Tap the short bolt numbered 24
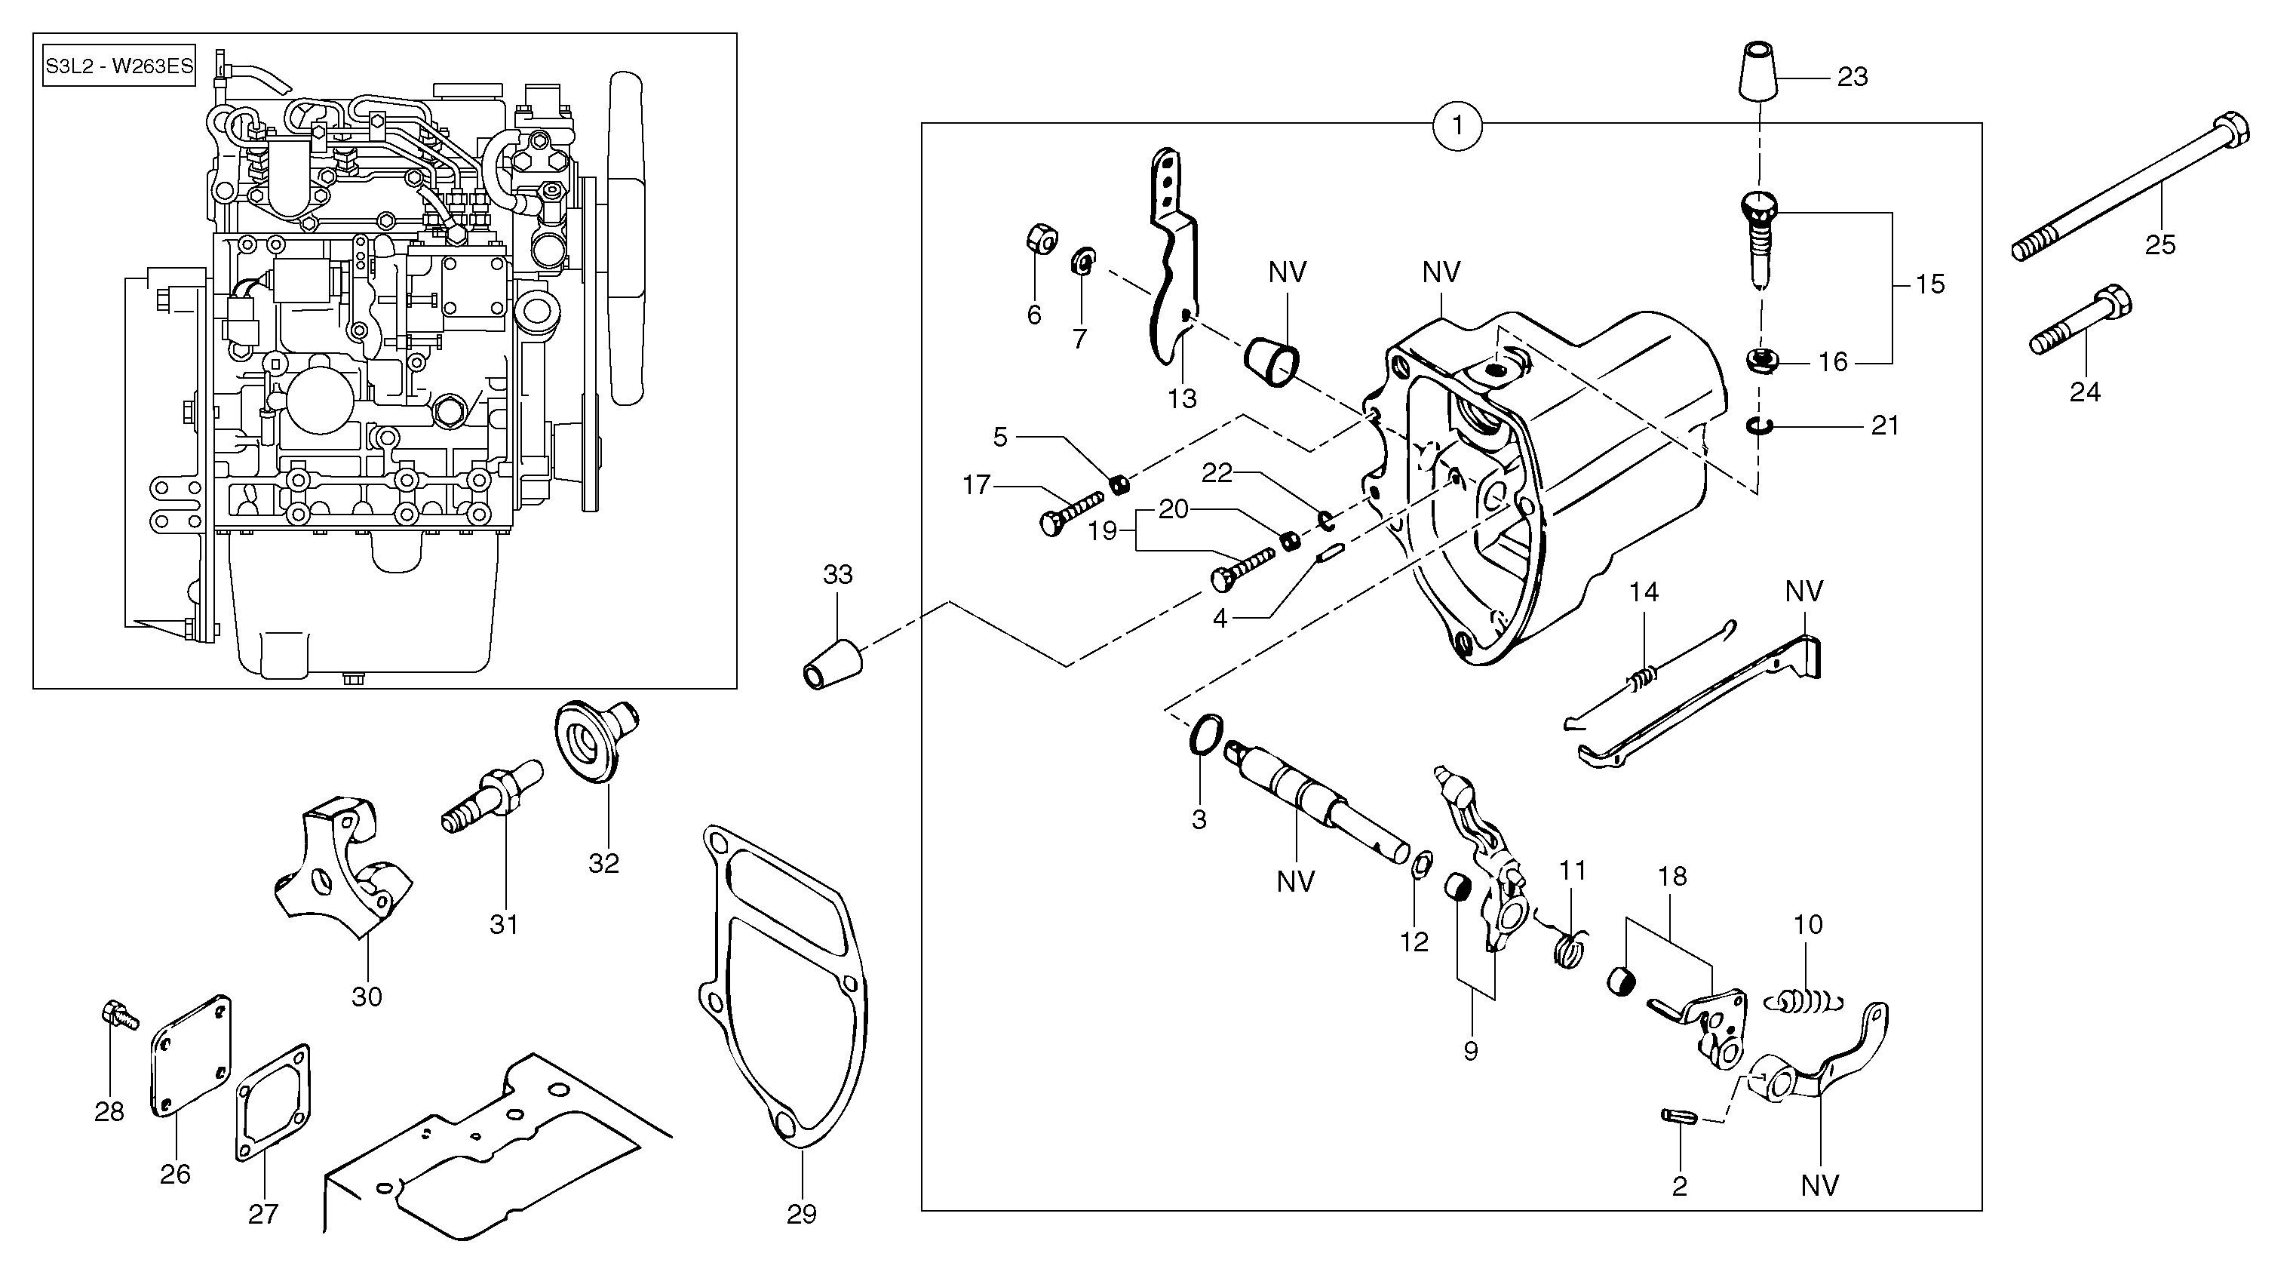pos(2081,319)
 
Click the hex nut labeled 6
pos(1040,239)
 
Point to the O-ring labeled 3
pos(1201,737)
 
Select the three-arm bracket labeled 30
pos(340,867)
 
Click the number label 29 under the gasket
pos(801,1213)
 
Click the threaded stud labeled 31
pos(493,791)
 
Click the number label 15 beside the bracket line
pos(1929,284)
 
